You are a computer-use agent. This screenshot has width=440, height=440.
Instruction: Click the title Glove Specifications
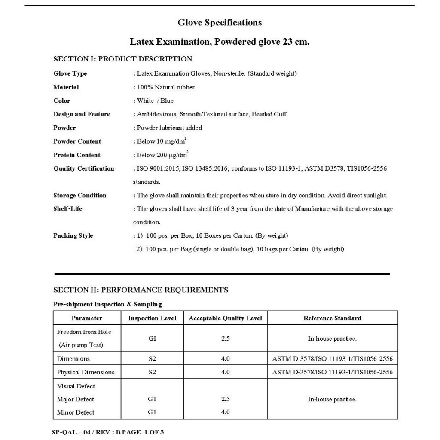(x=220, y=22)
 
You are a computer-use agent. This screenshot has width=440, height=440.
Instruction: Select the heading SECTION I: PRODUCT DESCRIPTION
(x=122, y=59)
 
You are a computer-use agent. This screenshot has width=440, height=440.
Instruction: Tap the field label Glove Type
(x=70, y=73)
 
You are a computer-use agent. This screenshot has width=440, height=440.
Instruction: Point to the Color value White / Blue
(x=155, y=101)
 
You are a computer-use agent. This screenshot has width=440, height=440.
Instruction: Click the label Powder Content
(x=77, y=141)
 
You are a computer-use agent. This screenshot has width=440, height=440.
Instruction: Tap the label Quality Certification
(x=84, y=168)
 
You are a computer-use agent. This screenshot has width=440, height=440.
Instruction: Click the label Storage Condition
(x=80, y=196)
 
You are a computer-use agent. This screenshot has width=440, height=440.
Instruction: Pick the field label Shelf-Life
(x=68, y=209)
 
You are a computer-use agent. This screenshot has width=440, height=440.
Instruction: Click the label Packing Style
(x=73, y=235)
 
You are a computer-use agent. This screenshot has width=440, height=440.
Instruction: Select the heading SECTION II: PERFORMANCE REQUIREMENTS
(x=141, y=290)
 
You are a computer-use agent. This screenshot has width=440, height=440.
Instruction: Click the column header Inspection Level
(x=152, y=318)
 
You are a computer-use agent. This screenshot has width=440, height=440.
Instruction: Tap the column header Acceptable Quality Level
(x=225, y=318)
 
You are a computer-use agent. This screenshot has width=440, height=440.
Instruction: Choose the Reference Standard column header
(x=332, y=318)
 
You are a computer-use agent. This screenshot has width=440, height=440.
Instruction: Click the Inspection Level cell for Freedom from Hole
(x=152, y=339)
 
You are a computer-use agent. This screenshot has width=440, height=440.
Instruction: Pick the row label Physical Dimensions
(x=86, y=372)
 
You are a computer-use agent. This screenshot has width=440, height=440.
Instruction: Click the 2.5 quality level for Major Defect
(x=225, y=399)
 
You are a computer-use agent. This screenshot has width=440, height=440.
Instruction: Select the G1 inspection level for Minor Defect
(x=152, y=412)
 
